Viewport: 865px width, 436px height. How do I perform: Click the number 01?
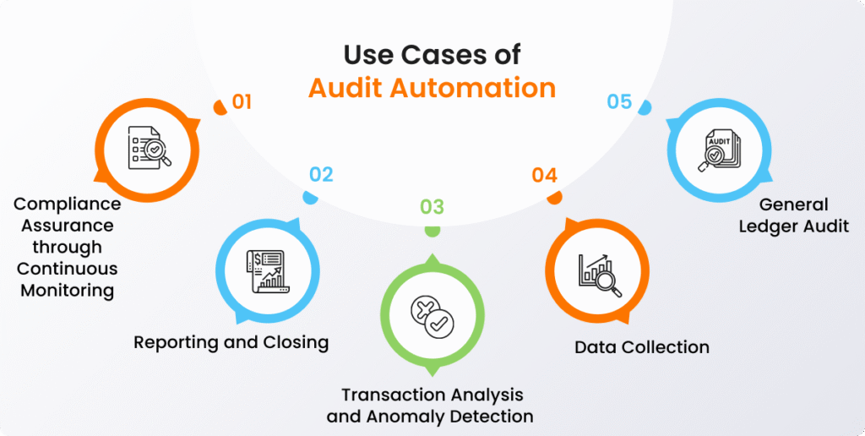pos(242,102)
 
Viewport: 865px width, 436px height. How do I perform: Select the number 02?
pos(321,174)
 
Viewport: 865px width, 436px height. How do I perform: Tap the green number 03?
pos(432,207)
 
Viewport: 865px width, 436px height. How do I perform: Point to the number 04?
pos(545,176)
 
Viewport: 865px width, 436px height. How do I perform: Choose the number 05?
pos(619,102)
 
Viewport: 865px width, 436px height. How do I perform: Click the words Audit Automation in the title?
pos(432,89)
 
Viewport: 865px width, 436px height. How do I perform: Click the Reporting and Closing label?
pos(231,342)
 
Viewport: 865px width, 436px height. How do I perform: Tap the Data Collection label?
pos(642,347)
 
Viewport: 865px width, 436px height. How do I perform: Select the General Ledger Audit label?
pos(794,215)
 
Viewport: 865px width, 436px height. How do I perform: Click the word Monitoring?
pos(68,291)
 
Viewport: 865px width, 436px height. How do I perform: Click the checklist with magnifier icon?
pos(149,148)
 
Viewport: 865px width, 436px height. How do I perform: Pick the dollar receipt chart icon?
pos(266,270)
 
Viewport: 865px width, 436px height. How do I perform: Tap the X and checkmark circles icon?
pos(432,318)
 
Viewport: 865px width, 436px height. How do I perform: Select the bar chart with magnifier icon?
pos(600,275)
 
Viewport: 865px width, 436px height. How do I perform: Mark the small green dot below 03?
pos(432,232)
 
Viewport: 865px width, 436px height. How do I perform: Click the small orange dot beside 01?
pos(220,107)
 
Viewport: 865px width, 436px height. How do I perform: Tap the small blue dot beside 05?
pos(645,107)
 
